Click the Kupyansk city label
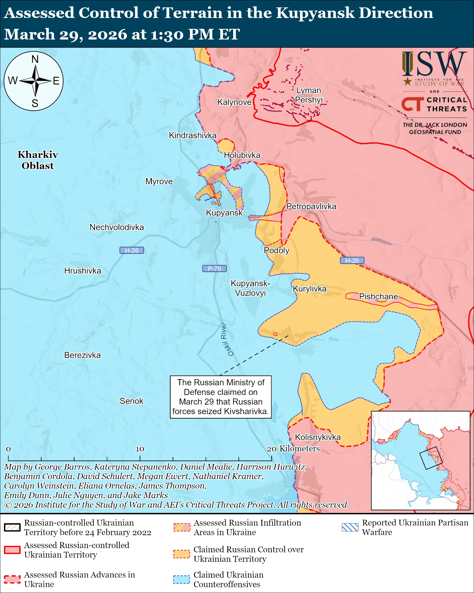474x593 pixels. pyautogui.click(x=224, y=213)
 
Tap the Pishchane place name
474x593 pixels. pyautogui.click(x=378, y=296)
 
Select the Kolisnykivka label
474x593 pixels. pyautogui.click(x=318, y=437)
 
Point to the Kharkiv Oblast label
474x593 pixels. pyautogui.click(x=38, y=160)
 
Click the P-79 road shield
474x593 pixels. pyautogui.click(x=214, y=268)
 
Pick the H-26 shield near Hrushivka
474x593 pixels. pyautogui.click(x=132, y=250)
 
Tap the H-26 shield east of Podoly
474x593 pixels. pyautogui.click(x=352, y=261)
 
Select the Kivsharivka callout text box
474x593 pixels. pyautogui.click(x=221, y=397)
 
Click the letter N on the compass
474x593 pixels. pyautogui.click(x=35, y=59)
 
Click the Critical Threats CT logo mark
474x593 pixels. pyautogui.click(x=412, y=104)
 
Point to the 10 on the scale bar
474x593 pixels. pyautogui.click(x=140, y=449)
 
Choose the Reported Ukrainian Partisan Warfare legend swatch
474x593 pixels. pyautogui.click(x=350, y=527)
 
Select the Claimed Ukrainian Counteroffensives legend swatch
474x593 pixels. pyautogui.click(x=181, y=579)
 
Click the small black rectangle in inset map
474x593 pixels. pyautogui.click(x=431, y=458)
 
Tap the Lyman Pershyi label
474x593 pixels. pyautogui.click(x=309, y=95)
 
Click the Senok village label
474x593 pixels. pyautogui.click(x=131, y=401)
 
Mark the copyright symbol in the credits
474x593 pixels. pyautogui.click(x=8, y=505)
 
